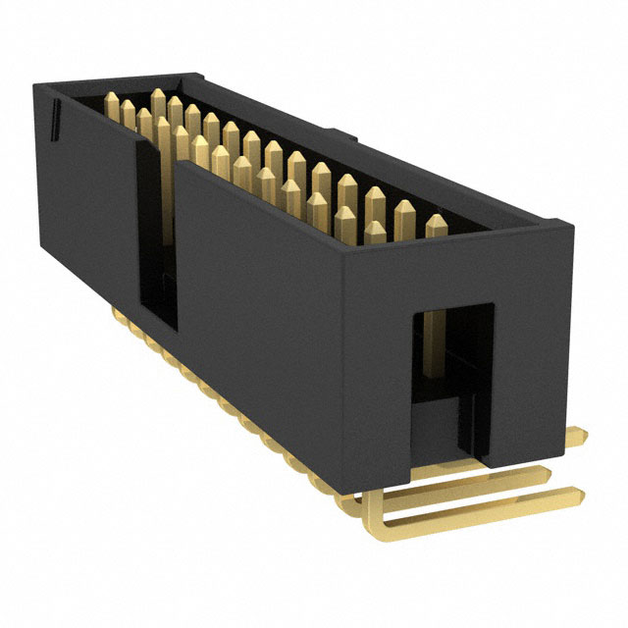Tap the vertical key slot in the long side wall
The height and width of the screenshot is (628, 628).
(157, 235)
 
